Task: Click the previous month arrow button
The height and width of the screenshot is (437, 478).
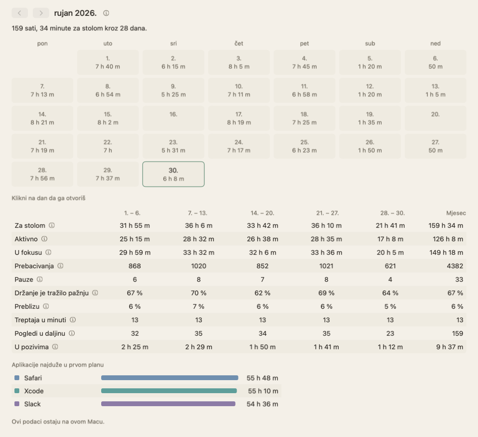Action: point(20,13)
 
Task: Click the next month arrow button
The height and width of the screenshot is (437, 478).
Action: point(41,13)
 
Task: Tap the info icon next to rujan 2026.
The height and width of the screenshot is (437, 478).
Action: point(106,13)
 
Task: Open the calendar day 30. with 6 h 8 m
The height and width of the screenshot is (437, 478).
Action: point(173,174)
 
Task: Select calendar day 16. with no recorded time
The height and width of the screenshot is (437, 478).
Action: point(173,118)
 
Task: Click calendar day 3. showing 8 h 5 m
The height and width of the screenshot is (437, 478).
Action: point(239,63)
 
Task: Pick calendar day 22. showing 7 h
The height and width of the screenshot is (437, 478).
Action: point(108,146)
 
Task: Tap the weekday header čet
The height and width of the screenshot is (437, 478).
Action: point(239,43)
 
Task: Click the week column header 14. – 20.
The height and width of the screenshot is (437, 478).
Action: point(263,213)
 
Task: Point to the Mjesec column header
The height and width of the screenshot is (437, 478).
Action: point(456,213)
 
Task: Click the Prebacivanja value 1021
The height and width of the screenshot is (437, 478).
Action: point(326,266)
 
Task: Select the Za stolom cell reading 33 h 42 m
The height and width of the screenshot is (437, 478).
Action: point(263,225)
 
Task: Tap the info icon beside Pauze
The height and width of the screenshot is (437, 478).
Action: point(40,279)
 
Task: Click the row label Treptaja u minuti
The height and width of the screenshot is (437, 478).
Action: point(40,320)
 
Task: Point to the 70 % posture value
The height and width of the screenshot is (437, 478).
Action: point(199,293)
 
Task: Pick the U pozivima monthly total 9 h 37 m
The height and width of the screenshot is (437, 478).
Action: point(450,347)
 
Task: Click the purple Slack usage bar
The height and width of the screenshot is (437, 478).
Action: point(168,404)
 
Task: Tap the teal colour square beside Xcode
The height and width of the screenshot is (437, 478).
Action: point(17,391)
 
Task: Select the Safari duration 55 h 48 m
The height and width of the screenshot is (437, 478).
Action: point(263,378)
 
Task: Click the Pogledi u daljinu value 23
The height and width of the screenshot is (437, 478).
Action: point(390,333)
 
